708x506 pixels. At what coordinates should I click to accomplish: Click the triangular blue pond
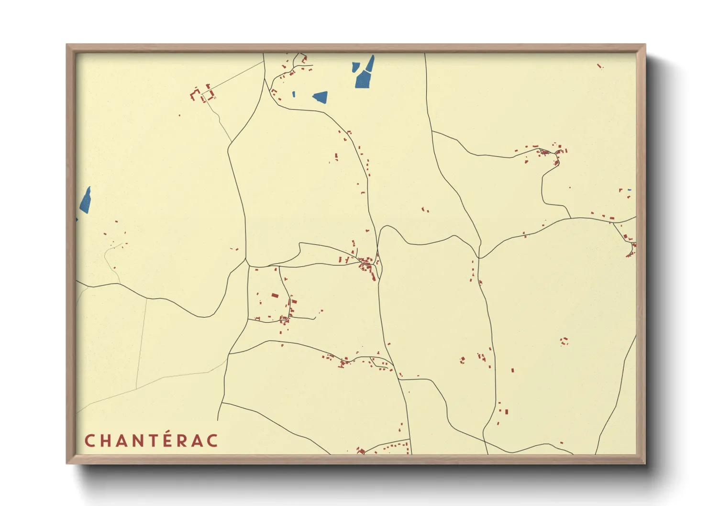point(321,97)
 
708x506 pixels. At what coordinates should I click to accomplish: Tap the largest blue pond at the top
point(363,79)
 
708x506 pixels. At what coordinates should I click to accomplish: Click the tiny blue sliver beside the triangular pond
point(294,94)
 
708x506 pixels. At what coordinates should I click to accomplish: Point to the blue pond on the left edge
point(86,200)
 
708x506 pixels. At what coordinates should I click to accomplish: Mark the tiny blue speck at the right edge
point(630,190)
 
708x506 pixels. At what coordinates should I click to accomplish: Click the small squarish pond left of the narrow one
point(355,66)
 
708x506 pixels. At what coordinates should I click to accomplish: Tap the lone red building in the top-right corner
point(600,66)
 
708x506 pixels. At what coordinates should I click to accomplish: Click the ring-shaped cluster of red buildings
point(564,341)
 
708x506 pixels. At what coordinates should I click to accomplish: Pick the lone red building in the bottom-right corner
point(562,443)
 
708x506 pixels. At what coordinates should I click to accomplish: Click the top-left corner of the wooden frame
point(67,45)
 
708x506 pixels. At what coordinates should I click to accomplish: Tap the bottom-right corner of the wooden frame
point(645,463)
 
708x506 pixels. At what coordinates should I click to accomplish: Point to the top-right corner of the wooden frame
point(645,45)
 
